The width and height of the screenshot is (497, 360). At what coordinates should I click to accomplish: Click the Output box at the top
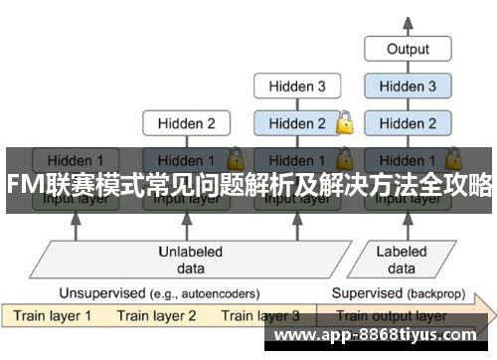point(408,49)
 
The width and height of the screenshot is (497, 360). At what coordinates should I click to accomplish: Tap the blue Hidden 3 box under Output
point(408,87)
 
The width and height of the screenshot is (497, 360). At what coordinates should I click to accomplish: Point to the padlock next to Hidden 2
point(345,124)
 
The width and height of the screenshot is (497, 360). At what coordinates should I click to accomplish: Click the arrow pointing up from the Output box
point(408,22)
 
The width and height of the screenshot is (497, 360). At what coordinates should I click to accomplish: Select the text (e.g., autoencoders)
point(205,294)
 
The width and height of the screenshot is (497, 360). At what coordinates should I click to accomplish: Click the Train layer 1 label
point(52,316)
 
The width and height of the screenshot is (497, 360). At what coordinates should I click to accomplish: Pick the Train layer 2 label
point(156,316)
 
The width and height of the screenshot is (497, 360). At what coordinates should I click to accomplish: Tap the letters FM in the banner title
point(21,185)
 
